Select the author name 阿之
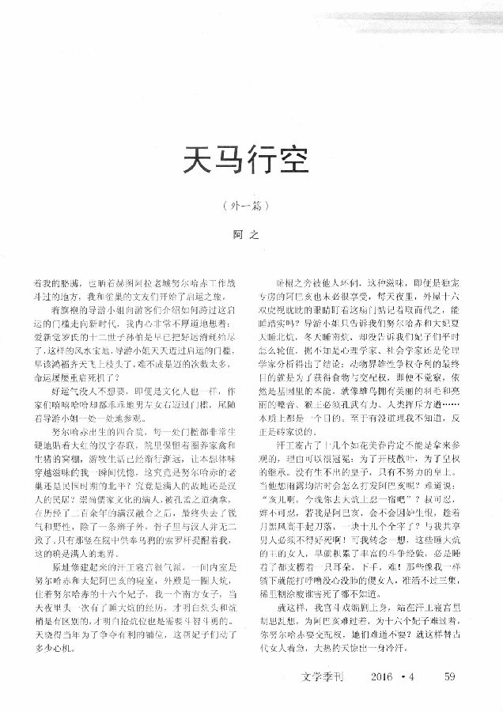pyautogui.click(x=250, y=235)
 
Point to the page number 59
pyautogui.click(x=450, y=676)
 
